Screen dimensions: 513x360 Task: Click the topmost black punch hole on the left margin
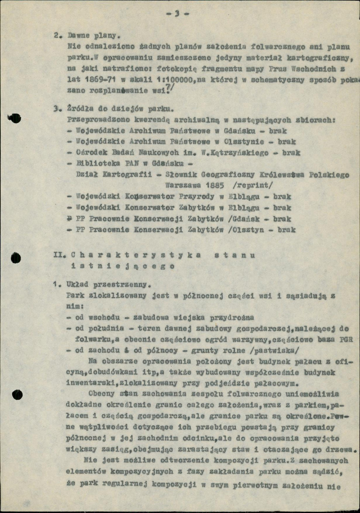click(15, 119)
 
